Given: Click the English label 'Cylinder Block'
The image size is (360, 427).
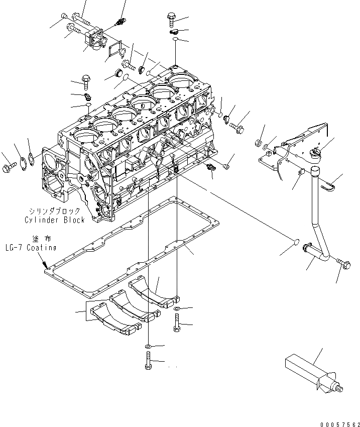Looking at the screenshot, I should point(55,220).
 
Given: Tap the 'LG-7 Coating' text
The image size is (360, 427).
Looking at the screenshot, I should point(31,248).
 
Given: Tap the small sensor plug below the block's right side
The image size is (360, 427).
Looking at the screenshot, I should point(211,169).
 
